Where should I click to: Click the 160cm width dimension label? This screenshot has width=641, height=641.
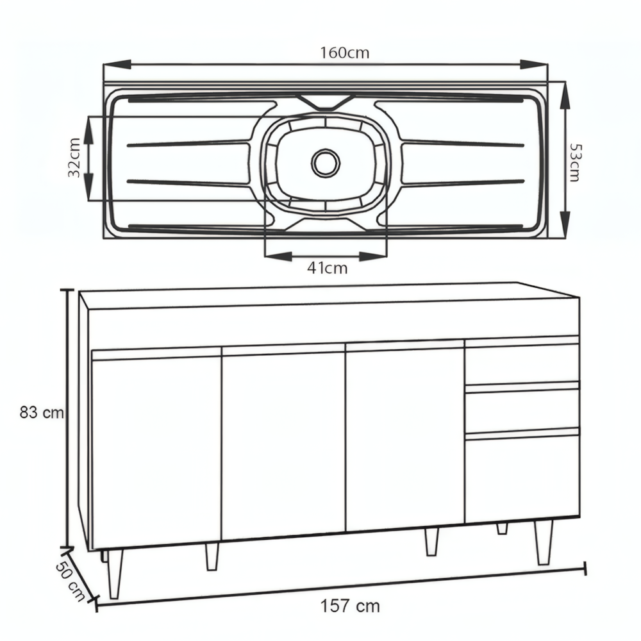tap(345, 53)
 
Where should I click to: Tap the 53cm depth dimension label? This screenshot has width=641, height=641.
tap(574, 163)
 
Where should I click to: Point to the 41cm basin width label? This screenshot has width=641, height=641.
tap(327, 269)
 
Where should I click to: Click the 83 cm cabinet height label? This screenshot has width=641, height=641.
tap(42, 413)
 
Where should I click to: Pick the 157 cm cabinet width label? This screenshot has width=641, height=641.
tap(351, 606)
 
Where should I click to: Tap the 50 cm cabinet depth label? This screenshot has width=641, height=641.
tap(70, 580)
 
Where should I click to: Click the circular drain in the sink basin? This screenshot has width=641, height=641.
tap(326, 162)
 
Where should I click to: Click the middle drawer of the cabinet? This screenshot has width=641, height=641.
tap(521, 410)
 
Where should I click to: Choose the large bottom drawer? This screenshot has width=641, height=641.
tap(521, 478)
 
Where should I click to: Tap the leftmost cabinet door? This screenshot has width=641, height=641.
tap(156, 452)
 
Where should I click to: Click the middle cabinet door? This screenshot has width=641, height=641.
tap(284, 445)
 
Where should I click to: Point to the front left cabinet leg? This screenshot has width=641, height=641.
tap(115, 574)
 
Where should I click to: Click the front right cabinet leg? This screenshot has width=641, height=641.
tap(544, 542)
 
